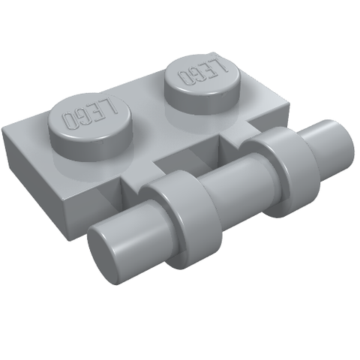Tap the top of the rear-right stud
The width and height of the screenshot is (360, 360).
click(202, 73)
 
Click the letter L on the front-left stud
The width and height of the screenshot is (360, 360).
click(110, 106)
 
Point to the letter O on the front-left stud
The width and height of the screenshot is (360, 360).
click(70, 121)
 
